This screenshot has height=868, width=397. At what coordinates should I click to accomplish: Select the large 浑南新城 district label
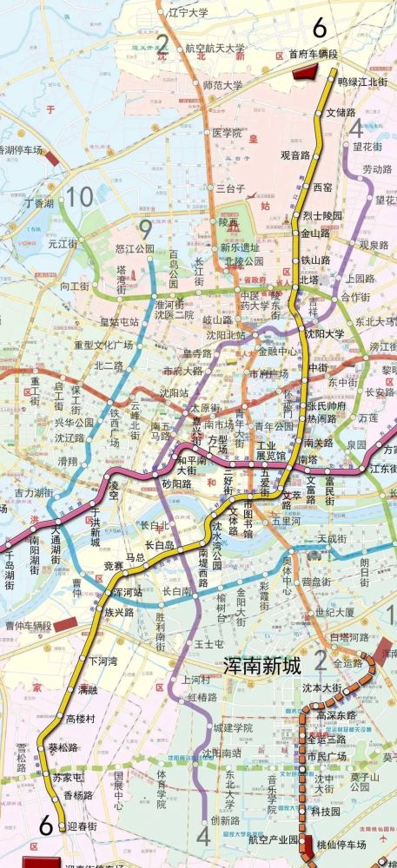[261, 667]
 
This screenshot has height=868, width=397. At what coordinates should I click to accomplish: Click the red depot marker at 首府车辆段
[305, 72]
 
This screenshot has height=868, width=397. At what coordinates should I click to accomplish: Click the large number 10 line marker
[81, 197]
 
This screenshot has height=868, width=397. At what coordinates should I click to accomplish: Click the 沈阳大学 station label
[323, 333]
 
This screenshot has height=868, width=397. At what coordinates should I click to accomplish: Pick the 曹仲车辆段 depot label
[29, 625]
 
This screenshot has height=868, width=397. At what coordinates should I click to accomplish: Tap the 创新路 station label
[225, 820]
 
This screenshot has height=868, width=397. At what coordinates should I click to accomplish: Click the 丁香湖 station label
[39, 202]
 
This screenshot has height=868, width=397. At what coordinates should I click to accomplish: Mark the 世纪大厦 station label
[334, 611]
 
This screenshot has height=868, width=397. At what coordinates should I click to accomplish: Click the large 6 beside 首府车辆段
[320, 28]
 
